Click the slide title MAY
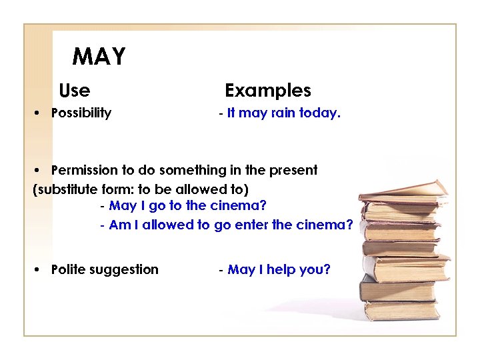(99, 57)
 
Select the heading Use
(75, 90)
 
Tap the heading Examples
(268, 91)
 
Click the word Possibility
(81, 113)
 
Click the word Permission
(84, 171)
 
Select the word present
(294, 171)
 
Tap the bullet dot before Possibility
(39, 113)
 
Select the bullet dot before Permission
(39, 171)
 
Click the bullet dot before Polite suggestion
(39, 270)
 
